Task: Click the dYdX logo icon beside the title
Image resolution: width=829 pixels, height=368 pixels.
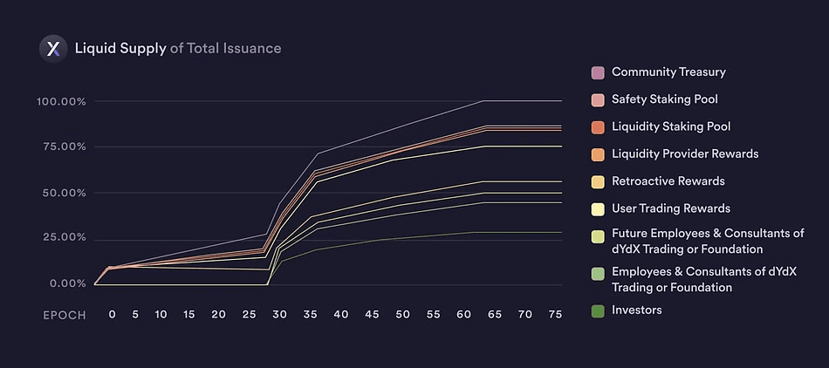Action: coord(53,48)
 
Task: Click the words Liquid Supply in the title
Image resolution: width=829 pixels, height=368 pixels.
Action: coord(120,48)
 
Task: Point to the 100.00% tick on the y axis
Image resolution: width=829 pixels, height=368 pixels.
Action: coord(61,102)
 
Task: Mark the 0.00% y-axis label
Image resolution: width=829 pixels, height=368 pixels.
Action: coord(66,283)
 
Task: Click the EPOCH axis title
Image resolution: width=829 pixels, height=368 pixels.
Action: coord(65,315)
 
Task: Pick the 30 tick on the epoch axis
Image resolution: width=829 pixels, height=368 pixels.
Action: coord(279,314)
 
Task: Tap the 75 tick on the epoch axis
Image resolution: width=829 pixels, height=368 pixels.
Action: coord(554,314)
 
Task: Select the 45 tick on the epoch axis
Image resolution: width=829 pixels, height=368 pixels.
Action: coord(372,314)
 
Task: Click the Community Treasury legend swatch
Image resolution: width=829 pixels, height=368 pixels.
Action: coord(598,72)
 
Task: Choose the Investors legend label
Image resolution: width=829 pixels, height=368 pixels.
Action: coord(636,310)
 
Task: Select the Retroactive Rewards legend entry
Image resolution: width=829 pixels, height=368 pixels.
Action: coord(668,181)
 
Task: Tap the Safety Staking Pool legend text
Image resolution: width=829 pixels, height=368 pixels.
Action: coord(665,99)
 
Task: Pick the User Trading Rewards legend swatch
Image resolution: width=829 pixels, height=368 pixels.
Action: coord(598,209)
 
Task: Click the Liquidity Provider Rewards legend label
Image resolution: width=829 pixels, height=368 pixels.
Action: coord(685,154)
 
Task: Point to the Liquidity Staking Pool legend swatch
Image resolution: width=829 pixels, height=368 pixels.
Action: coord(598,127)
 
